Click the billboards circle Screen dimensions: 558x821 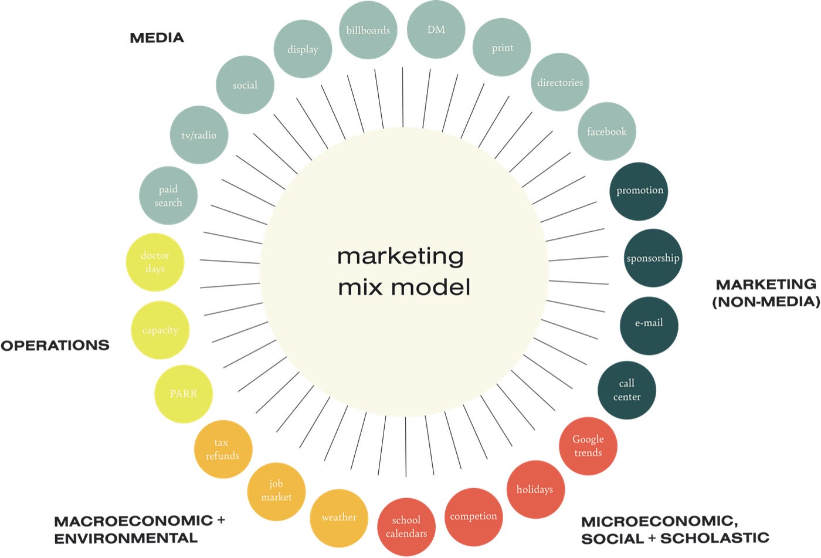368,31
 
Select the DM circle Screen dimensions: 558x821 436,30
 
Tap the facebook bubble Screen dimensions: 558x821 606,132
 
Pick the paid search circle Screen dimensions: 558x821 168,196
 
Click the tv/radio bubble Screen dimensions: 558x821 199,135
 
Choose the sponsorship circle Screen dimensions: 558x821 653,258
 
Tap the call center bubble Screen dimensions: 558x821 626,390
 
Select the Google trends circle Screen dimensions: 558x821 588,446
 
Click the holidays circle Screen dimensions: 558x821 535,489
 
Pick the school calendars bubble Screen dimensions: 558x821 406,527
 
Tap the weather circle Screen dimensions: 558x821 339,518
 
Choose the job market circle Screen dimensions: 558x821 276,491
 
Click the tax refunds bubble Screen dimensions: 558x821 223,449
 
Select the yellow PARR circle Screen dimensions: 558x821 184,394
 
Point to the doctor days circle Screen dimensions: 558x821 155,262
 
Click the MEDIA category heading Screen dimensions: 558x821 157,38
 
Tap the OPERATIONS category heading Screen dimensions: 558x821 55,346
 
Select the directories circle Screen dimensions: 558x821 560,83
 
